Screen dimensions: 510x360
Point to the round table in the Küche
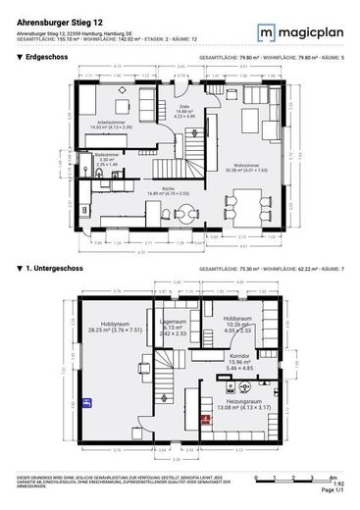[x=187, y=220]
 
